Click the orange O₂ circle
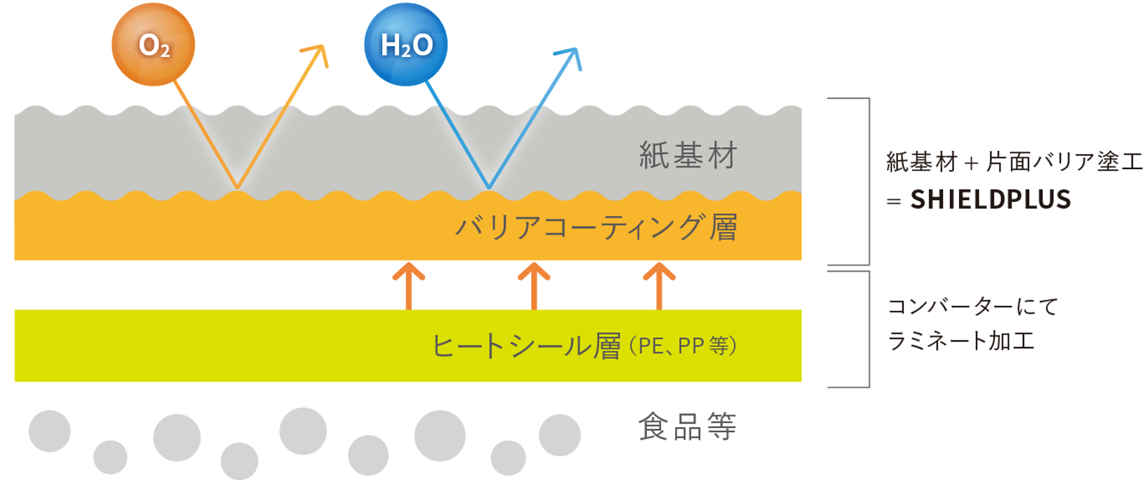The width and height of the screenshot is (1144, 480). tap(153, 45)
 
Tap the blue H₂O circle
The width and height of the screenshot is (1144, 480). tap(406, 45)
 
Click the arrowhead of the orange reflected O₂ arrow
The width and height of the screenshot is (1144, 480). tap(319, 52)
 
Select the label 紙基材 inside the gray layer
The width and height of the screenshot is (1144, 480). tap(688, 155)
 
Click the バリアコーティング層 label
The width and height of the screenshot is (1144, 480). tap(596, 227)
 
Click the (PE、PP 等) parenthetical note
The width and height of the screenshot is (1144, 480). tap(682, 346)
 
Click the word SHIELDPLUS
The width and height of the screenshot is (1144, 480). tap(991, 200)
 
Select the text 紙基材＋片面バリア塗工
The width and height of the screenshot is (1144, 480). tap(1014, 162)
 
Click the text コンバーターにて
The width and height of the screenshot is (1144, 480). tap(973, 307)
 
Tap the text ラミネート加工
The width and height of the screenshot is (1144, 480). tap(961, 341)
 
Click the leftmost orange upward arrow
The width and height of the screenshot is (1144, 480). tap(409, 284)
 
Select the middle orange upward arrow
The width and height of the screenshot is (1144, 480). tap(534, 284)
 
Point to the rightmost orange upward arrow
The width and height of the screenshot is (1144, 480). tap(659, 284)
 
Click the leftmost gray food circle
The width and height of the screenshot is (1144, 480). tap(50, 431)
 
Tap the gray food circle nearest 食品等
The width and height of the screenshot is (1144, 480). tap(559, 435)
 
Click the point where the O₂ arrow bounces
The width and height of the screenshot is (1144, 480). tap(237, 188)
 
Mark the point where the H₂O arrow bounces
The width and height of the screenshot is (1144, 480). tap(489, 188)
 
